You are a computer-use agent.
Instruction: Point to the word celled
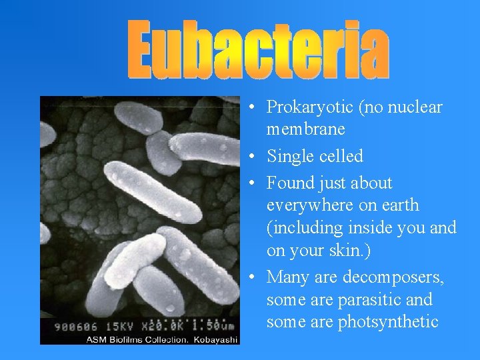click(341, 157)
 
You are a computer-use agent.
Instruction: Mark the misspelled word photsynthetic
click(388, 323)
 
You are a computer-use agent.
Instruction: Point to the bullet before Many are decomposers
click(247, 277)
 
